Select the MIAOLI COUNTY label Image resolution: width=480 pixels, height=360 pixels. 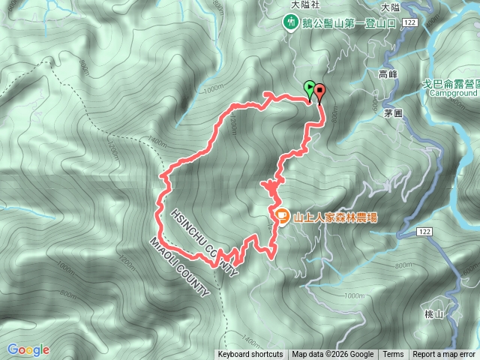coord(180,267)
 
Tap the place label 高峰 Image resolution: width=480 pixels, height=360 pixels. coord(388,74)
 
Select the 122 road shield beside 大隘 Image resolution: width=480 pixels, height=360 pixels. coord(409,24)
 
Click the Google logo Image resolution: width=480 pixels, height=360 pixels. coord(28,349)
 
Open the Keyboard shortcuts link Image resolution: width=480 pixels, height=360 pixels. coord(250,355)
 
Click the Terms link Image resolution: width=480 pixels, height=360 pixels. coord(393,355)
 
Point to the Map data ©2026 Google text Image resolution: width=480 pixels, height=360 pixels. coord(332,355)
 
